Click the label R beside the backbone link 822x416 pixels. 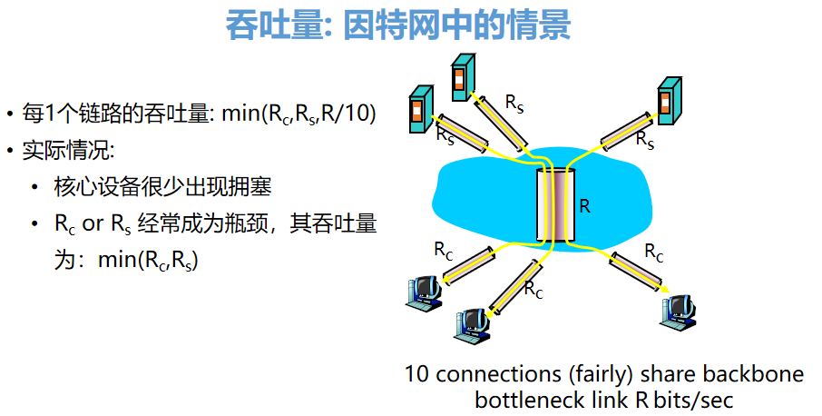click(584, 206)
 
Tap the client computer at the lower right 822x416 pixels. click(677, 310)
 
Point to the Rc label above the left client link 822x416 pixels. click(443, 250)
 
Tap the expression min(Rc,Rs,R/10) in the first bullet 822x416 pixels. click(298, 114)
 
